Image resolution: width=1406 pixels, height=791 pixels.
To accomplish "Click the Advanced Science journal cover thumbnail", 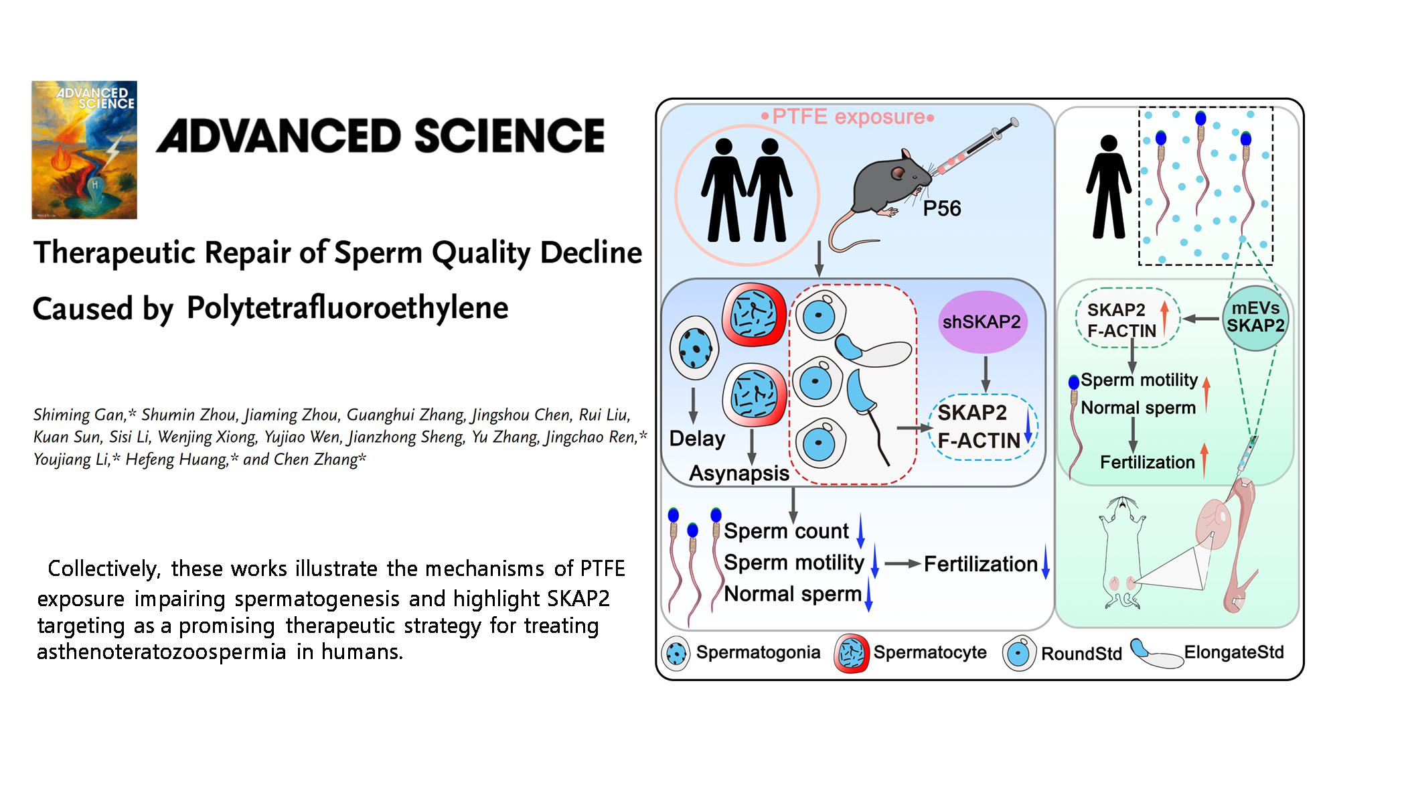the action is (x=84, y=150).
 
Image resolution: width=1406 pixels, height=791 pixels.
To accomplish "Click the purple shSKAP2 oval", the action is (x=982, y=322).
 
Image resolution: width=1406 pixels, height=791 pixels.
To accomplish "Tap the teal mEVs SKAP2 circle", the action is (x=1255, y=317).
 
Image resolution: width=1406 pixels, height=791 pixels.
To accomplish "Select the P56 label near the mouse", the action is (x=941, y=209).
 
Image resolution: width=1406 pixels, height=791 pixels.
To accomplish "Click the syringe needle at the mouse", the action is (x=937, y=171).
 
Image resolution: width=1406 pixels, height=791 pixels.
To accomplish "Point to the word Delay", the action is (x=698, y=439).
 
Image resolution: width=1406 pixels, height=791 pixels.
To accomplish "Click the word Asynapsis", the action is (x=739, y=474).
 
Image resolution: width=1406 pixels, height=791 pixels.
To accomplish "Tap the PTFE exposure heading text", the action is (x=848, y=117).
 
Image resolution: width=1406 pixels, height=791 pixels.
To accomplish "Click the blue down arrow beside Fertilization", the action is (x=1045, y=563).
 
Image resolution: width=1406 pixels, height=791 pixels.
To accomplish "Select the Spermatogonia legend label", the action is (x=758, y=652).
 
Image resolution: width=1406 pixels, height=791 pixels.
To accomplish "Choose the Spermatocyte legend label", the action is (x=930, y=652).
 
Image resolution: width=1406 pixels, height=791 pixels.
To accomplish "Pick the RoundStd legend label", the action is (x=1081, y=654).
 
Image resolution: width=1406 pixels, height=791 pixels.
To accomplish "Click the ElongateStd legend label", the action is (x=1234, y=652).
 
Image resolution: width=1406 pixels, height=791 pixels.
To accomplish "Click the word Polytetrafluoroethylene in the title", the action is (x=347, y=308).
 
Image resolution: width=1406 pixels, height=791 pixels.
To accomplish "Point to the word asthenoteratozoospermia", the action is (x=161, y=652).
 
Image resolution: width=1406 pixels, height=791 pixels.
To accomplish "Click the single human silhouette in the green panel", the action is (x=1109, y=187).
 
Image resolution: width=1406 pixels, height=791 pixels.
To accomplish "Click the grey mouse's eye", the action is (x=897, y=174).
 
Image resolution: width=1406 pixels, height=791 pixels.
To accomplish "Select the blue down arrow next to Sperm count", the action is (x=861, y=530).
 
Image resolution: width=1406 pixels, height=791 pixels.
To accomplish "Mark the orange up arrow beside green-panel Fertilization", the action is (x=1204, y=461).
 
